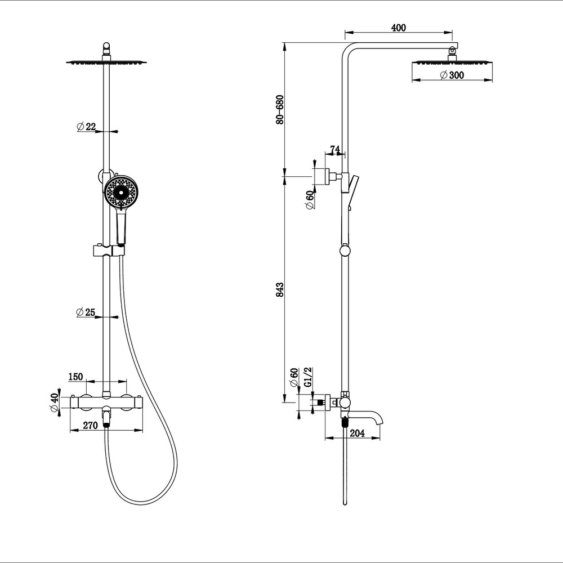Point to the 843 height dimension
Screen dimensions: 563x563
coord(280,289)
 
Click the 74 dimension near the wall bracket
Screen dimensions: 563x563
coord(334,149)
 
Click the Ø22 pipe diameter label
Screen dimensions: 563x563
coord(86,127)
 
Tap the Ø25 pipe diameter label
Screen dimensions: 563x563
coord(86,312)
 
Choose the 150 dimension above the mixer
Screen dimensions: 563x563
coord(76,376)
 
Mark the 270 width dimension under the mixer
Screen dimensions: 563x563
coord(91,426)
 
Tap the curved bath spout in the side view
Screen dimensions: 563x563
coord(369,417)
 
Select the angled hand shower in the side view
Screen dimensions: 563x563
coord(352,189)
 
